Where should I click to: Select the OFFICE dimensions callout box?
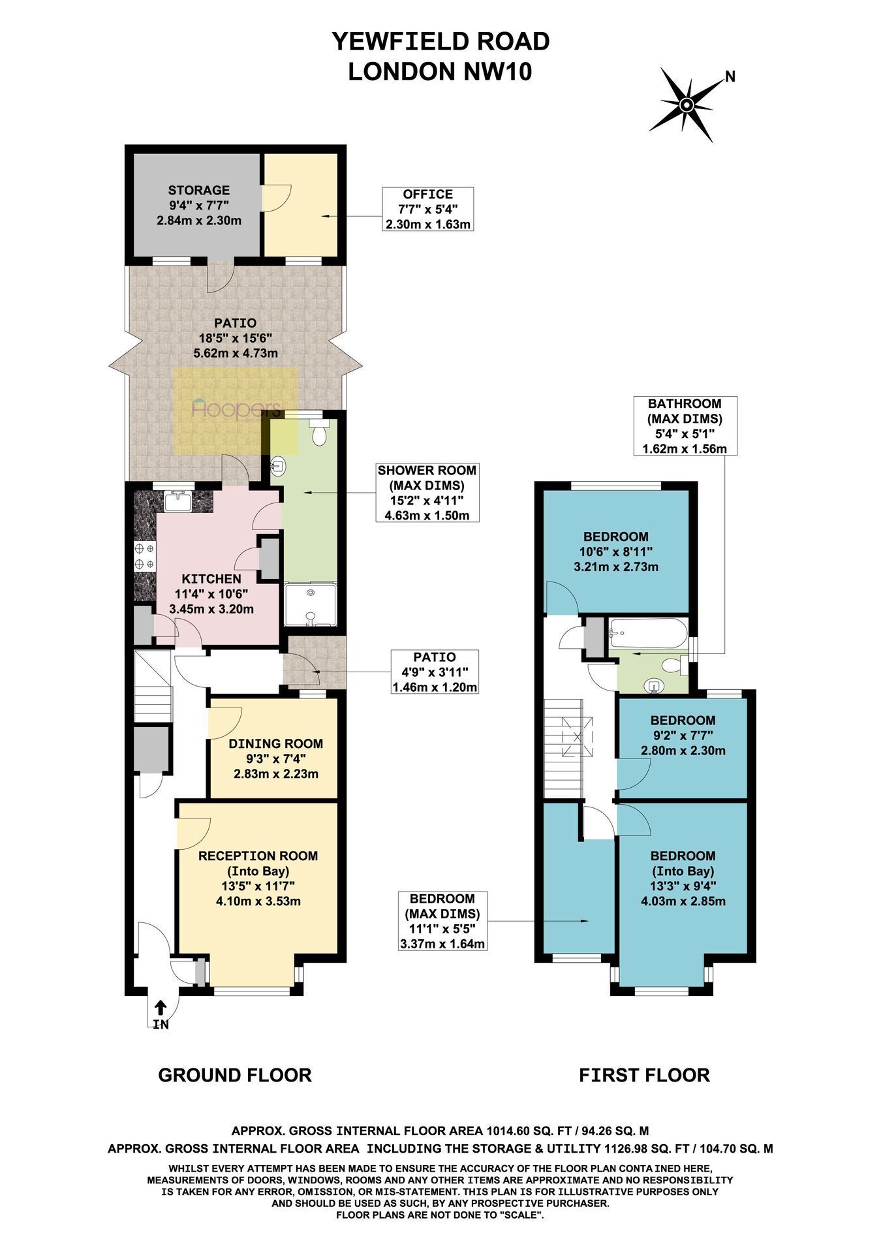427,209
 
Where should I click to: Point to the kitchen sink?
178,501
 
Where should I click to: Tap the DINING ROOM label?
275,743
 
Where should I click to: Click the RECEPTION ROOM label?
258,856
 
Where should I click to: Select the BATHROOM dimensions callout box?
684,426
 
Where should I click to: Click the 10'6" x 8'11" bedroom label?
616,552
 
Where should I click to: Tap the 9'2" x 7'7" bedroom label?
683,736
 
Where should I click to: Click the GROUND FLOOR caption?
235,1075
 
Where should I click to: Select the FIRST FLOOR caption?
644,1075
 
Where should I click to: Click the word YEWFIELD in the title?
395,42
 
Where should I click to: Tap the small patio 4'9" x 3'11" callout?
435,672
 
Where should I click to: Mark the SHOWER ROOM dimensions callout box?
427,493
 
